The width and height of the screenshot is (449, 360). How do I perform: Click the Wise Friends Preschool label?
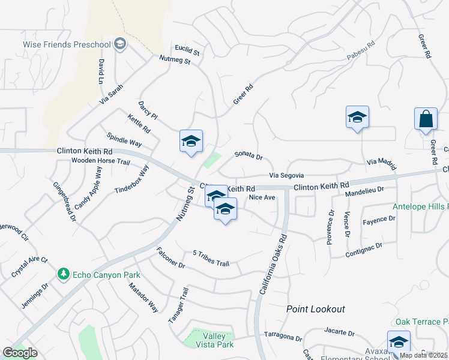pos(67,44)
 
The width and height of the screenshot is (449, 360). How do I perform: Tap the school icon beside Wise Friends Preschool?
pos(121,44)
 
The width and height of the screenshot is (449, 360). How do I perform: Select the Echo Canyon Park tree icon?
pos(63,274)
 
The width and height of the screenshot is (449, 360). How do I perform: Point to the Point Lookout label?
pos(316,309)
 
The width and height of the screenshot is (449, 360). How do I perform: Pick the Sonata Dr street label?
pos(249,157)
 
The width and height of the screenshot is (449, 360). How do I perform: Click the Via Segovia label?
pos(286,175)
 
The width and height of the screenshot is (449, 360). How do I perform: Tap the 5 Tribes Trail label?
pos(211,259)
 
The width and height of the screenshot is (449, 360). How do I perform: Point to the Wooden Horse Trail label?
pos(100,161)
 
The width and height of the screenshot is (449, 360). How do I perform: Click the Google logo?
pos(20,353)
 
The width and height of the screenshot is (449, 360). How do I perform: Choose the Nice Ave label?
pos(262,197)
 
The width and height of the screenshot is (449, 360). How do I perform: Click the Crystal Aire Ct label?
pos(29,268)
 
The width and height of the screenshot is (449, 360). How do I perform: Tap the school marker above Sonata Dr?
pos(191,142)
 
